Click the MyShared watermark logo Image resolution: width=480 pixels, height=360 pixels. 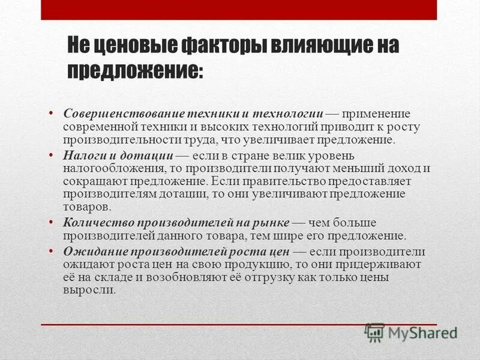click(x=411, y=332)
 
